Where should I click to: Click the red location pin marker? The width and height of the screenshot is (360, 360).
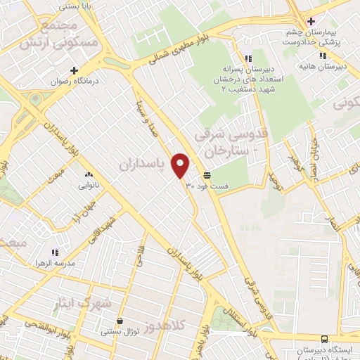coord(181,165)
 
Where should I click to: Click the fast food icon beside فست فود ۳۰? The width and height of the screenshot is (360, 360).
coord(207,174)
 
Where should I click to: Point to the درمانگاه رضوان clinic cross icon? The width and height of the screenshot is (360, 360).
coord(74,70)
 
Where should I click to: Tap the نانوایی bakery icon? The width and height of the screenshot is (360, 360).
coord(89,175)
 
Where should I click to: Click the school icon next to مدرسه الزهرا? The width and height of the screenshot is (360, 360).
coord(55,252)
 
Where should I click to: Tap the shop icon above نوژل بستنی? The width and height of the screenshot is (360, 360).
coord(120,321)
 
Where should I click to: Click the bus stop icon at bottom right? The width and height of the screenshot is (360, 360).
coord(325,338)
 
